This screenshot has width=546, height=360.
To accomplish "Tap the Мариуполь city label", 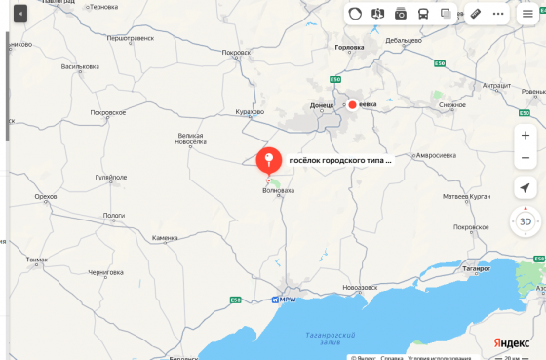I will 287,299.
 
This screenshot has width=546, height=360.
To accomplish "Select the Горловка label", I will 348,47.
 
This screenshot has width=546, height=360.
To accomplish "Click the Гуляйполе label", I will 110,178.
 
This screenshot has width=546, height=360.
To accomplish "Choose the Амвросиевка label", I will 436,155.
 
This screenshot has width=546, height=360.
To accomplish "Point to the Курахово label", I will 250,112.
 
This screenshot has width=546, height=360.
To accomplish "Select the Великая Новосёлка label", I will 190,139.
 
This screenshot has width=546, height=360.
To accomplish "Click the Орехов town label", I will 45,196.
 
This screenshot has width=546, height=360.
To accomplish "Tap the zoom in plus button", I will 526,136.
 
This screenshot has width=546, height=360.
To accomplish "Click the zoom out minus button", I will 526,158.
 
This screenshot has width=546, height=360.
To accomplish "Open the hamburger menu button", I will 527,15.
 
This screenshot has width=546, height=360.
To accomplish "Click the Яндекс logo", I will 511,342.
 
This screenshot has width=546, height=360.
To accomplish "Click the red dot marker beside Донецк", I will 351,104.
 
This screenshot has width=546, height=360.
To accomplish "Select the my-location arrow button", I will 526,188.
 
